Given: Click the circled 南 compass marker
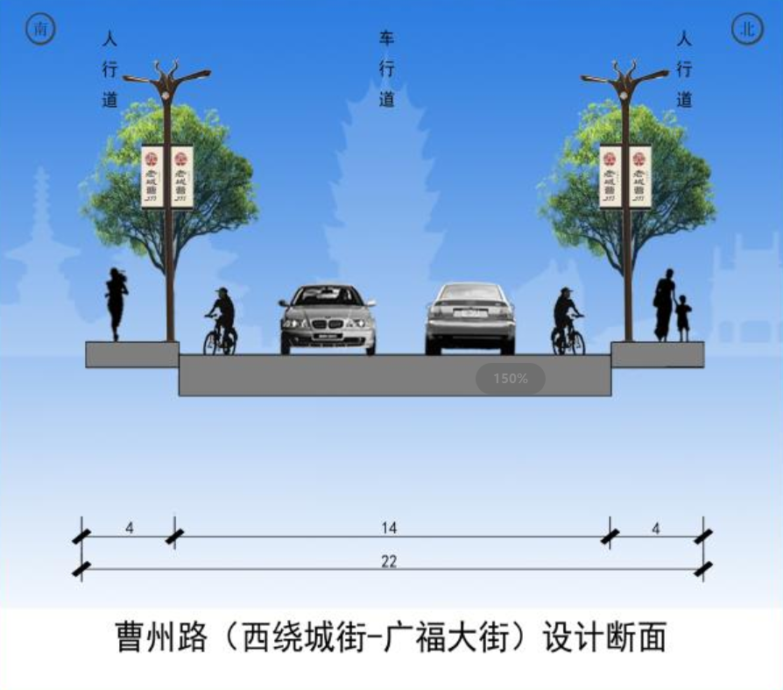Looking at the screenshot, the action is point(40,29).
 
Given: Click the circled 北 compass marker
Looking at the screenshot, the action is point(746,29).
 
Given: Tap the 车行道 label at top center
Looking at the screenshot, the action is point(386,69).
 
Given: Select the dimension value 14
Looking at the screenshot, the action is point(389,528).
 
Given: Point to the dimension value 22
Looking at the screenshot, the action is point(389,561).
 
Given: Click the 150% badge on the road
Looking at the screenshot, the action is point(511,379).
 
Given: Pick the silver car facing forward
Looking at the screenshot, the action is point(328,319).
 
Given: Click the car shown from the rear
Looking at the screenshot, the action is point(470,317).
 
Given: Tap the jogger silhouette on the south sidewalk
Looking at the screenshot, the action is point(116,303).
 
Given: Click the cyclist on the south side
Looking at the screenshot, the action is point(221,322).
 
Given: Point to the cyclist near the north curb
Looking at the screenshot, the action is point(567,322).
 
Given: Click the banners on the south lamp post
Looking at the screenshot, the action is point(167,176).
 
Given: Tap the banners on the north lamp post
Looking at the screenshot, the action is point(625,176).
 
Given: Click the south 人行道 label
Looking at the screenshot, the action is point(109,69).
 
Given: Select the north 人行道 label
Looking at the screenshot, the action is point(684,69).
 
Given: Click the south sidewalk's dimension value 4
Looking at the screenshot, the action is point(129,528).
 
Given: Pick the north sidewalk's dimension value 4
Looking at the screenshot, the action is point(655,528).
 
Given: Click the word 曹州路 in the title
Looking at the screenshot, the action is point(161,637).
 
